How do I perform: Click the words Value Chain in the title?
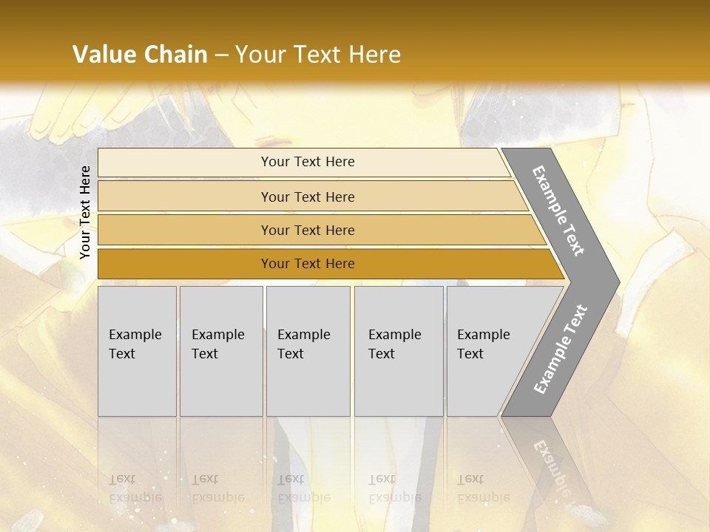pos(140,55)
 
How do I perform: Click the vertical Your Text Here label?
pos(85,212)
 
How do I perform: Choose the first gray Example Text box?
pos(137,351)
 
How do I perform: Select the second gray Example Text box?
pos(221,351)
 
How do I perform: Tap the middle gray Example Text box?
pos(308,351)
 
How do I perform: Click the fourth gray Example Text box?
pos(399,351)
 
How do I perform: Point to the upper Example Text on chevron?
pos(558,211)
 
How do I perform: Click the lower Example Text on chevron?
pos(561,349)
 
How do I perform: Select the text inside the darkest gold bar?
pos(308,264)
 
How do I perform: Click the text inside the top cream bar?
pos(308,162)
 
